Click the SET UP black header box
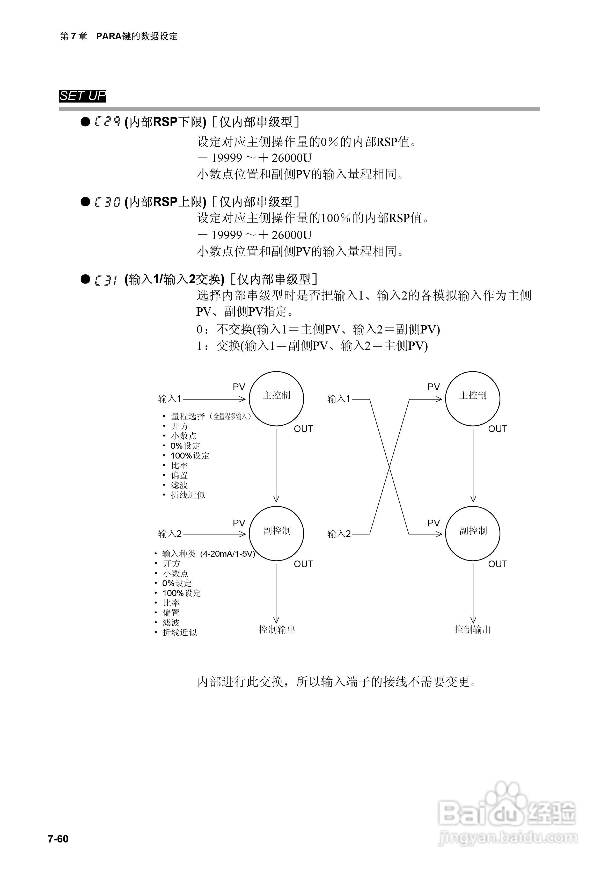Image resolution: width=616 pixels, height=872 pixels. point(82,96)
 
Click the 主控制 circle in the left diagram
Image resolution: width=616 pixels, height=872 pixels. point(276,398)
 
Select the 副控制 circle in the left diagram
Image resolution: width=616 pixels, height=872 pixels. point(276,533)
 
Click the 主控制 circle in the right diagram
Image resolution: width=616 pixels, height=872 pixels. point(472,398)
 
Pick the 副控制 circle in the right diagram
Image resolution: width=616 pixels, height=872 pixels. point(472,533)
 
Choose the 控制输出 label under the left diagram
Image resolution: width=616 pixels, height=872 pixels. point(277,630)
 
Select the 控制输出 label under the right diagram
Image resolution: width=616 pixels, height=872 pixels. point(472,630)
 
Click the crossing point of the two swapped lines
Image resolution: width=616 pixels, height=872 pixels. point(389,467)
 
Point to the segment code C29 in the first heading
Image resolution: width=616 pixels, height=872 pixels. point(107,122)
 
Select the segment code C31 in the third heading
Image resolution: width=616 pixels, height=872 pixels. point(106,280)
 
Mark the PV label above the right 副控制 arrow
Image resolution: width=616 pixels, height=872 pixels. point(433,523)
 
